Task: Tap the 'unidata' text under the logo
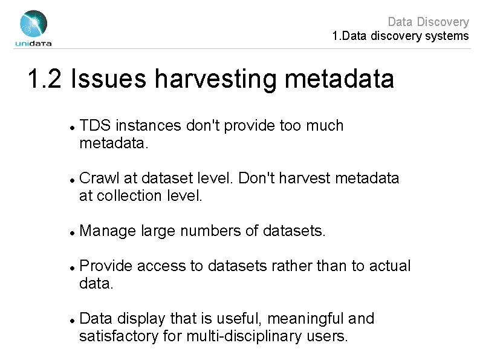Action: click(33, 43)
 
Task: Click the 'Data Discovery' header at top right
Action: click(427, 22)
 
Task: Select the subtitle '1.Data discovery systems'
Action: click(400, 37)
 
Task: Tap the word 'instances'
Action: click(144, 126)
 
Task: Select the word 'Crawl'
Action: click(99, 178)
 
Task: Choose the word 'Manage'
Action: click(107, 231)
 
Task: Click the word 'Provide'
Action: click(106, 266)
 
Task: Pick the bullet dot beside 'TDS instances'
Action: click(72, 127)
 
